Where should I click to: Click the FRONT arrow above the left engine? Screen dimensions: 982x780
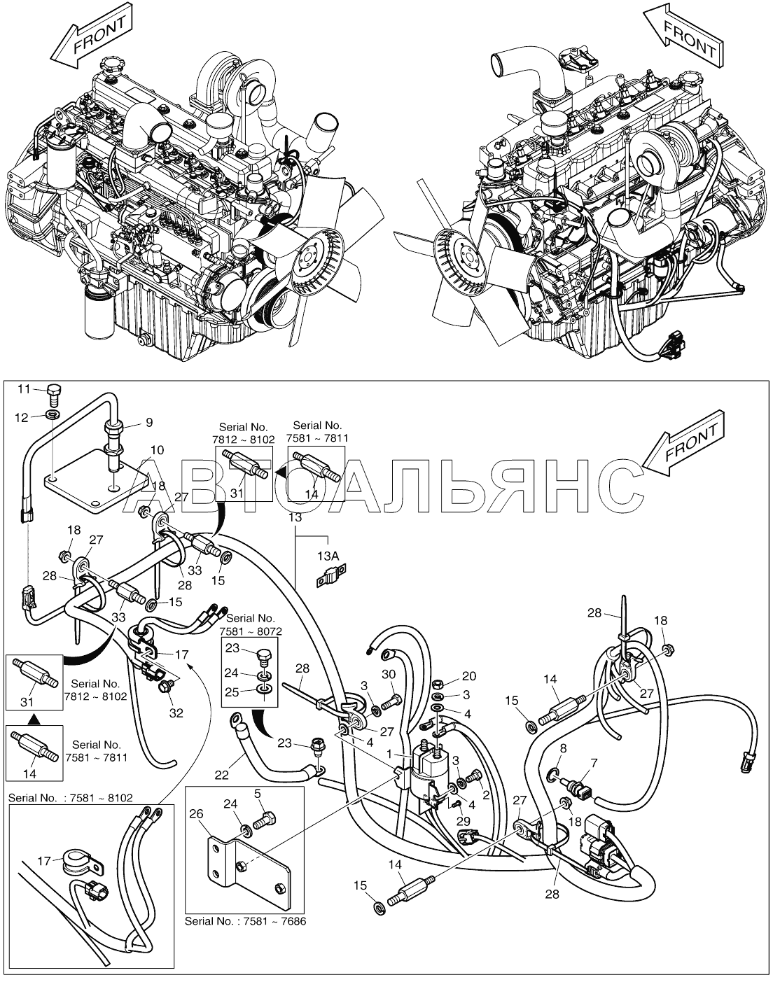(x=92, y=40)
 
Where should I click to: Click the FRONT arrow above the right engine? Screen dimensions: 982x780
(x=683, y=36)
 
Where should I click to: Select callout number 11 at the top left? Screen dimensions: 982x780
(x=24, y=389)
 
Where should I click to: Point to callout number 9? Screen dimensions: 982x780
(x=148, y=422)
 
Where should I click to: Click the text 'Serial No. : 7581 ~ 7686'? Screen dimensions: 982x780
(x=245, y=921)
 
